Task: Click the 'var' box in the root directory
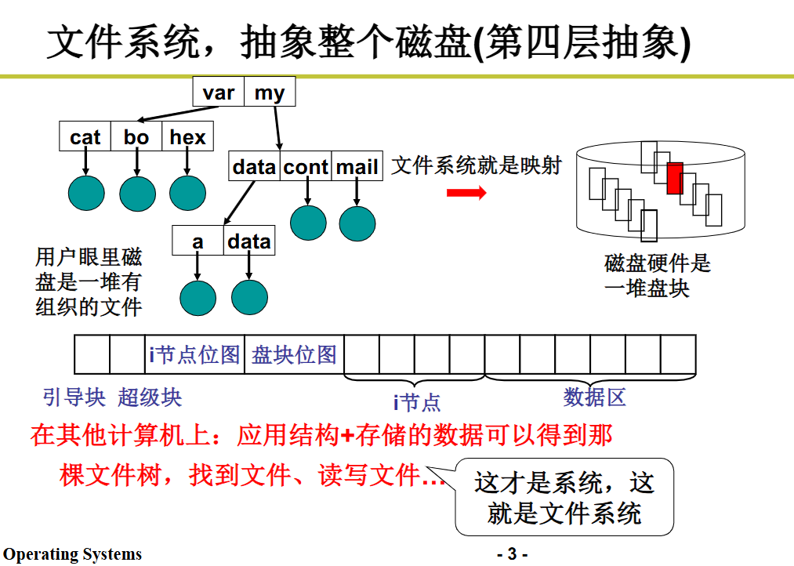click(x=219, y=93)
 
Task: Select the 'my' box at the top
click(x=269, y=93)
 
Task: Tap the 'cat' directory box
click(x=85, y=137)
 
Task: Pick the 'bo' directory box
click(x=136, y=137)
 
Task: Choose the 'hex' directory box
click(x=187, y=137)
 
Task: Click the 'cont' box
click(x=306, y=167)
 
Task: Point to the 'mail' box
click(x=357, y=167)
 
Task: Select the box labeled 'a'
click(x=198, y=241)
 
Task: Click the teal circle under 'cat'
click(x=86, y=193)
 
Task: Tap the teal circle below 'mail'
click(x=357, y=223)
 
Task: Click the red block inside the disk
click(x=675, y=178)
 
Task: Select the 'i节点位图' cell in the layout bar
click(x=195, y=354)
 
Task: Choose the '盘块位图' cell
click(x=294, y=354)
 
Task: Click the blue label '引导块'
click(x=74, y=397)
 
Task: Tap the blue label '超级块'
click(x=150, y=397)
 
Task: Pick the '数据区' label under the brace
click(x=595, y=397)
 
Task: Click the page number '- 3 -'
click(x=513, y=555)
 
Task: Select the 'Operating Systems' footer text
click(x=72, y=555)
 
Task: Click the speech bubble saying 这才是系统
click(x=564, y=497)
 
